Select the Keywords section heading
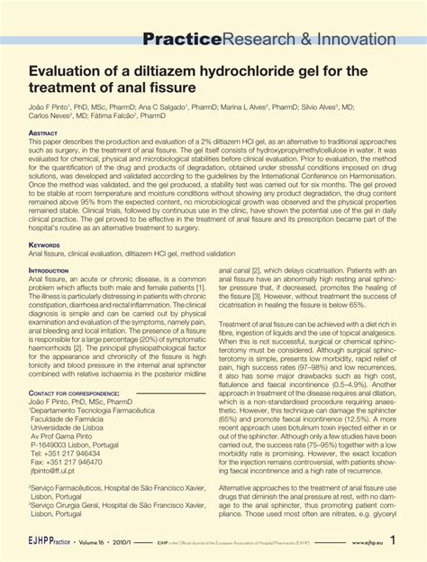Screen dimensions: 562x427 [45, 244]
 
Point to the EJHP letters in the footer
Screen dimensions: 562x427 [42, 546]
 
